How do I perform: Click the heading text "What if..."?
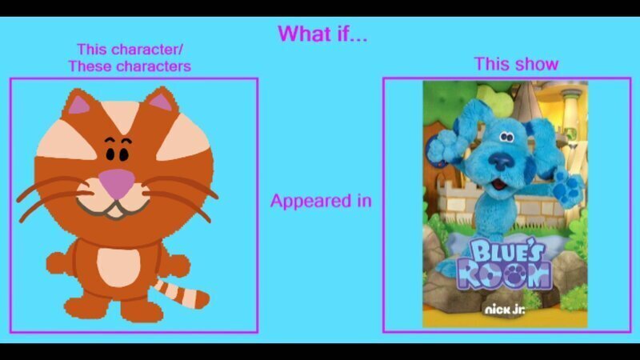tap(322, 34)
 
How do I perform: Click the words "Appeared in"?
tap(321, 201)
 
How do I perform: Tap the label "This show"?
tap(516, 64)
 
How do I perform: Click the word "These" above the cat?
tap(86, 66)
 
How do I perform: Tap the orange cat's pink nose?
tap(118, 182)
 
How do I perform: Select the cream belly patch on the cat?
tap(118, 267)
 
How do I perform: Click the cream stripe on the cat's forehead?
tap(121, 115)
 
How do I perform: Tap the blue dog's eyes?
tap(506, 137)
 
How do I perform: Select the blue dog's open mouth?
tap(499, 185)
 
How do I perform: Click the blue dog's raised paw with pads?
tap(566, 187)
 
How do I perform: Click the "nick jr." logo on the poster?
tap(505, 310)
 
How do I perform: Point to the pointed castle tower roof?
tap(526, 100)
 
